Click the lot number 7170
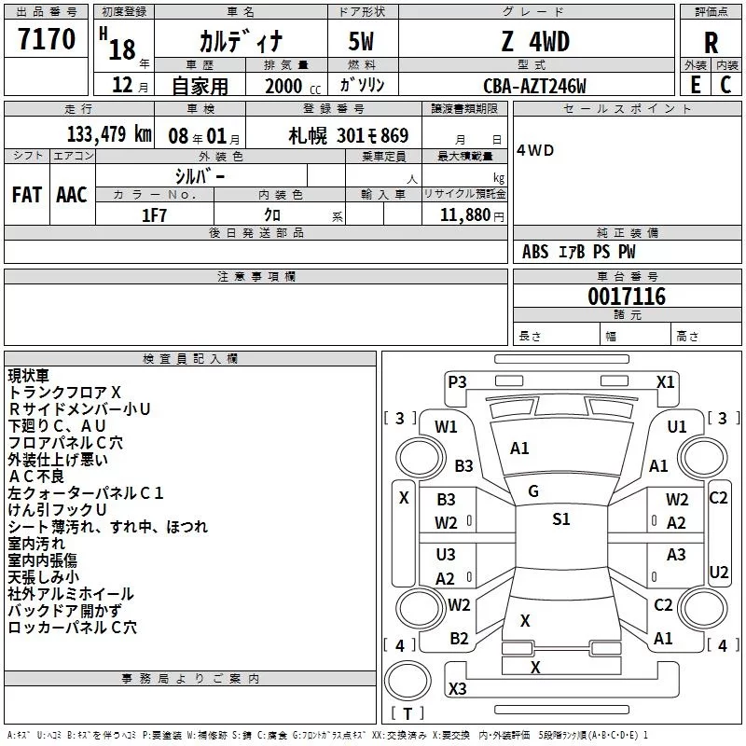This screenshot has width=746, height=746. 47,40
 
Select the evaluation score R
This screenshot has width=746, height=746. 711,43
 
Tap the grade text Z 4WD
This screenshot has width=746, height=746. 534,42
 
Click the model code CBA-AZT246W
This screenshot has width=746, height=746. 534,85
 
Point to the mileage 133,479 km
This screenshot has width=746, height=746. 109,134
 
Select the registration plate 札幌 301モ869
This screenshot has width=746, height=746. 348,135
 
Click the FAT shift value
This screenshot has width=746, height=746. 26,194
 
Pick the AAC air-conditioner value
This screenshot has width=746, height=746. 72,194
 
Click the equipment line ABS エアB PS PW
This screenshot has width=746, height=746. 579,252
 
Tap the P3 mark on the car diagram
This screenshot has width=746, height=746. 457,381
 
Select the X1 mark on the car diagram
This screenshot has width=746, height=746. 665,381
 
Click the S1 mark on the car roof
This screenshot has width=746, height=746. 560,519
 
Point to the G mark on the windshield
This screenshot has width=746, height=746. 533,491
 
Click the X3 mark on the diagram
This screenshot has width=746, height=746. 457,689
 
